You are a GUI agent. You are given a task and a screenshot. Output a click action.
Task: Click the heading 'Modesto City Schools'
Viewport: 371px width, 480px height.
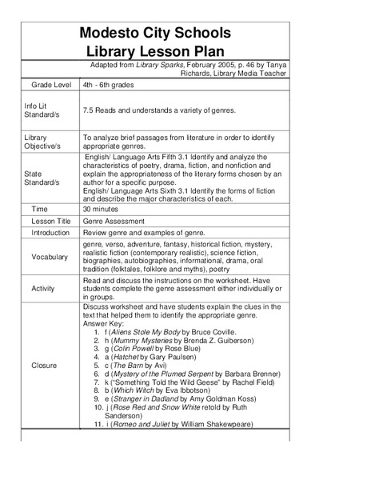pos(155,33)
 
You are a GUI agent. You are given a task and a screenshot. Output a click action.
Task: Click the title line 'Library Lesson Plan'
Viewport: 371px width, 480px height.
pos(155,50)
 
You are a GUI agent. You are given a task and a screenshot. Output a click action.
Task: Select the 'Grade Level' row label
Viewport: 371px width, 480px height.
pos(51,84)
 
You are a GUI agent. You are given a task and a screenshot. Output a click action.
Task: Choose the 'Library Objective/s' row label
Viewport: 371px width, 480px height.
pos(42,142)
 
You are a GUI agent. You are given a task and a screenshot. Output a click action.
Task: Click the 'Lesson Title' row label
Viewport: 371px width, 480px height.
pos(51,220)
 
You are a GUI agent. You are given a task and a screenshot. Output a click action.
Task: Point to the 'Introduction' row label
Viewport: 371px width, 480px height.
pos(51,232)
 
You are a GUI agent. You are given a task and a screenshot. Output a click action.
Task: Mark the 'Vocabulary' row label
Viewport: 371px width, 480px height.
pos(50,257)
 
